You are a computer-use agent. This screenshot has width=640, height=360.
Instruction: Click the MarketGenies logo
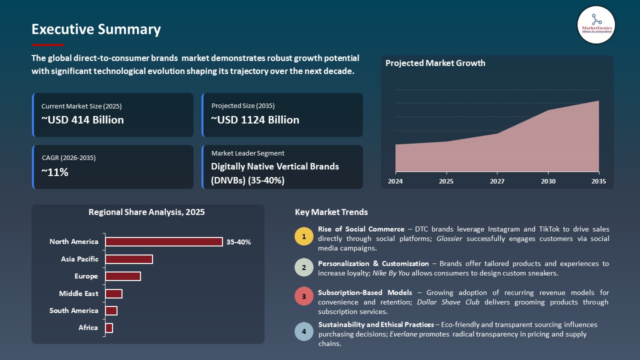tap(596, 24)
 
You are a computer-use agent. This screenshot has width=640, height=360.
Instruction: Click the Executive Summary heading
tap(96, 29)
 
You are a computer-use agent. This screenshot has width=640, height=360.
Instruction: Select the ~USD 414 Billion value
tap(82, 120)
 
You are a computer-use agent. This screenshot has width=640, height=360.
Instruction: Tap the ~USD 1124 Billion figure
tap(255, 120)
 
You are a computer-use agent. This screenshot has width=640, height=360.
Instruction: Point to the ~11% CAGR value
tap(55, 172)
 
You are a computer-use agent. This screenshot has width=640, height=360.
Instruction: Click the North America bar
tap(163, 242)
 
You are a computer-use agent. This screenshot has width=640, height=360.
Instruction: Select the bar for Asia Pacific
tap(128, 259)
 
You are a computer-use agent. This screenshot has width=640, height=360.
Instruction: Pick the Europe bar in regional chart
tap(122, 276)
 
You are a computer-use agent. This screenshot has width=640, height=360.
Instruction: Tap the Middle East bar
tap(113, 293)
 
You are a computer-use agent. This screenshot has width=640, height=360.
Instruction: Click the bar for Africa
tap(109, 328)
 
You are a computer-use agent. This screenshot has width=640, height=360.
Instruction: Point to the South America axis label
tap(73, 311)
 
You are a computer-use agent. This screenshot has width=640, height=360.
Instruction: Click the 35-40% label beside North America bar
tap(238, 242)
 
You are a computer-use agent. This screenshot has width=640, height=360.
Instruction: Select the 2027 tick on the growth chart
tap(496, 181)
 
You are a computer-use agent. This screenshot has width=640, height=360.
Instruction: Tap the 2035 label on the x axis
tap(598, 181)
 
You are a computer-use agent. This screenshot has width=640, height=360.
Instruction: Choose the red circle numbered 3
tap(304, 296)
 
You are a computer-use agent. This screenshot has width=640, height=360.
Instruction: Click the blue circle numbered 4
tap(304, 331)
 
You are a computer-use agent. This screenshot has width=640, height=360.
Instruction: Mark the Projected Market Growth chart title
tap(435, 63)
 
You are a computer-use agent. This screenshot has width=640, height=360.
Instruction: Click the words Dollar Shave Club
tap(448, 302)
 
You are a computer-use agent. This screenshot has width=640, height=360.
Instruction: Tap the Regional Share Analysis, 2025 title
tap(146, 212)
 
